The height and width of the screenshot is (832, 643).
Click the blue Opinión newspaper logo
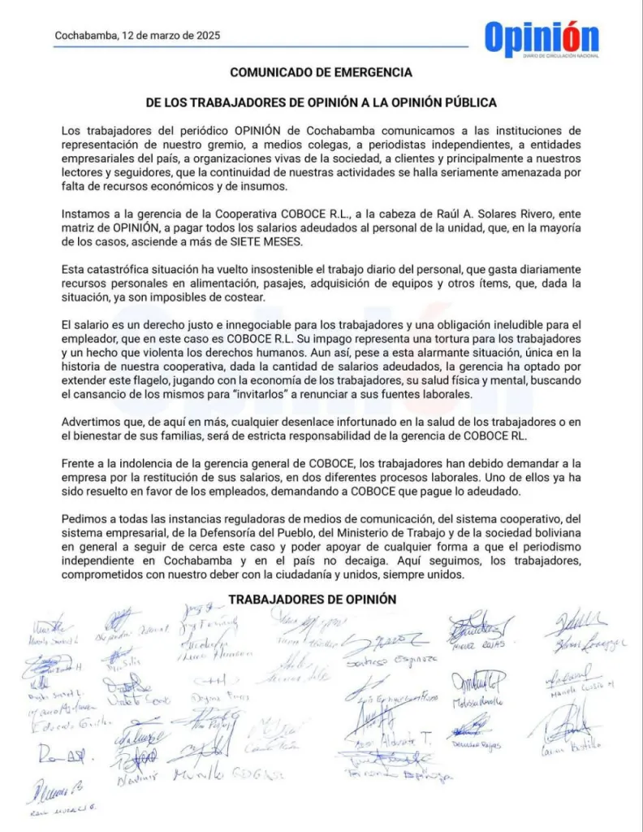(542, 37)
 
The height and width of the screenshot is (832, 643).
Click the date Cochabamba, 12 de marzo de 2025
(137, 36)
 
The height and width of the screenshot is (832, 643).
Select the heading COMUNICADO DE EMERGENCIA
(321, 72)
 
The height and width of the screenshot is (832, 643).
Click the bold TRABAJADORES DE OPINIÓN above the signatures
(312, 599)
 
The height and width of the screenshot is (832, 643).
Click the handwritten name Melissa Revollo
(478, 701)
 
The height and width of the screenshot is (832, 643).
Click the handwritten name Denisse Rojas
(476, 744)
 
